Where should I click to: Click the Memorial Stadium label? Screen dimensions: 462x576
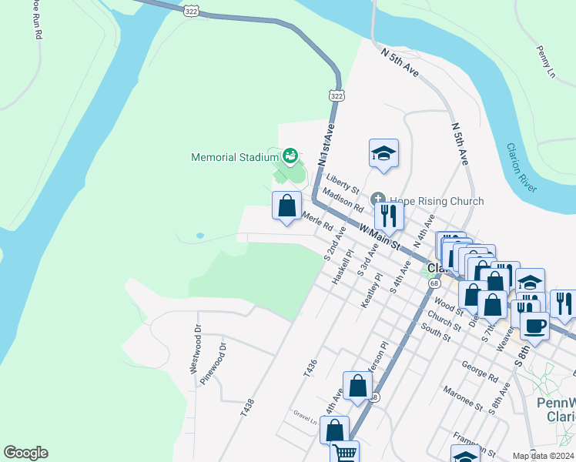pyautogui.click(x=234, y=158)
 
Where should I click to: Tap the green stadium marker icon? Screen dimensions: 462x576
pyautogui.click(x=290, y=157)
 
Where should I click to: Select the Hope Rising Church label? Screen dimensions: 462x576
pyautogui.click(x=436, y=201)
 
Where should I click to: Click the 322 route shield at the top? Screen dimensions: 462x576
pyautogui.click(x=191, y=10)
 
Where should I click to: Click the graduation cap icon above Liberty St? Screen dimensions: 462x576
pyautogui.click(x=383, y=153)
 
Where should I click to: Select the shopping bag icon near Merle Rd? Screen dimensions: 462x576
pyautogui.click(x=287, y=206)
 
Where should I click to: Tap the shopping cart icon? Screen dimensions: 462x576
pyautogui.click(x=345, y=453)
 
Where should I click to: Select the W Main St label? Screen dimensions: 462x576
pyautogui.click(x=382, y=237)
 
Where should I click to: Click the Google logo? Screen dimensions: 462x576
pyautogui.click(x=25, y=453)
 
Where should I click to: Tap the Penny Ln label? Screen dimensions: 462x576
pyautogui.click(x=546, y=62)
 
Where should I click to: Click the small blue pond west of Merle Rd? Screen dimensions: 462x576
pyautogui.click(x=200, y=236)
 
